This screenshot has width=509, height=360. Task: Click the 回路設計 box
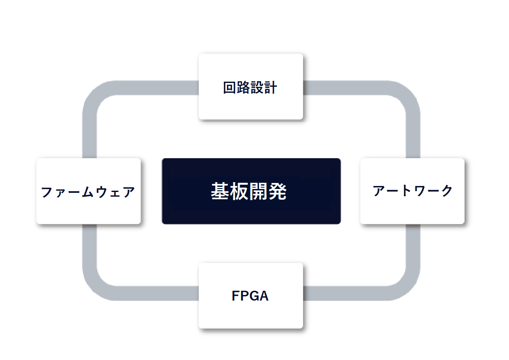pyautogui.click(x=250, y=87)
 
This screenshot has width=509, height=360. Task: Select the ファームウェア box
pyautogui.click(x=88, y=191)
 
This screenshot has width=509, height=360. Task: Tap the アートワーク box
pyautogui.click(x=412, y=191)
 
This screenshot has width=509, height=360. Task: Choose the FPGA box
pyautogui.click(x=250, y=296)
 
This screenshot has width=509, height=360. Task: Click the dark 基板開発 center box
pyautogui.click(x=251, y=191)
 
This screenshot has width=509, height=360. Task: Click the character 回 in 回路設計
pyautogui.click(x=229, y=88)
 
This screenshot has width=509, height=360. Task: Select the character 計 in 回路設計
pyautogui.click(x=271, y=88)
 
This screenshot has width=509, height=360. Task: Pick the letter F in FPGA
pyautogui.click(x=235, y=296)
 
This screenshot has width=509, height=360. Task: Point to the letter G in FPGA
pyautogui.click(x=254, y=296)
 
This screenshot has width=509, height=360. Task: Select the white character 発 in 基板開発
pyautogui.click(x=277, y=191)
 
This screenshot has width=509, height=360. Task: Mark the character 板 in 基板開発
pyautogui.click(x=239, y=191)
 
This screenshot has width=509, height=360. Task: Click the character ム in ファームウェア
pyautogui.click(x=88, y=192)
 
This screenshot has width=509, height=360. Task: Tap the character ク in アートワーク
pyautogui.click(x=447, y=191)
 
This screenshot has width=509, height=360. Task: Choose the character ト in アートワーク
pyautogui.click(x=406, y=191)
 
